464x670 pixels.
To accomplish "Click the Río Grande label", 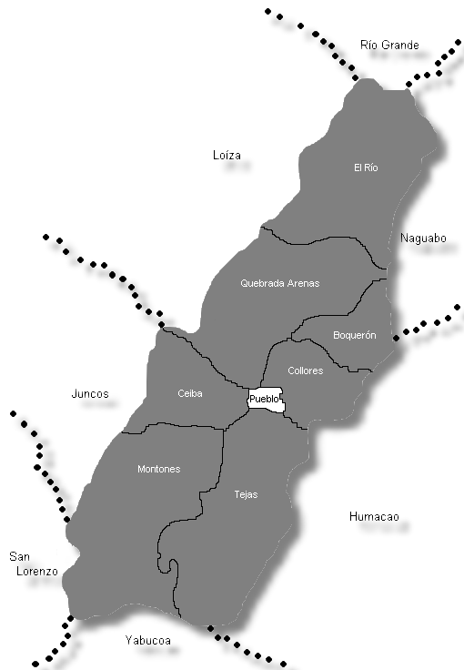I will tap(389, 45).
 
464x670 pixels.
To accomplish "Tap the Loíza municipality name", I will tap(227, 156).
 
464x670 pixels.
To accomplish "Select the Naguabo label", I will tap(423, 239).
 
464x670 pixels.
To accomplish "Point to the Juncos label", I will tap(90, 394).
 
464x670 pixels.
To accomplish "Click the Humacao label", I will tap(374, 517).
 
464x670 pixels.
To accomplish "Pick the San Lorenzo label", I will tap(34, 563).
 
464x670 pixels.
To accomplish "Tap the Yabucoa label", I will tap(147, 640).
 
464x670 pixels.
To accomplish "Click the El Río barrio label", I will tap(365, 167).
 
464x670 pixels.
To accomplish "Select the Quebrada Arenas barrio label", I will tap(279, 283).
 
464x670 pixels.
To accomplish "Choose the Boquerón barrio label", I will tap(354, 335).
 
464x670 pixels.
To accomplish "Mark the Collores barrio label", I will tap(305, 371).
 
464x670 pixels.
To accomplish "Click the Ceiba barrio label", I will tap(190, 393).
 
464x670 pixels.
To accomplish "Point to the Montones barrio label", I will tap(158, 469).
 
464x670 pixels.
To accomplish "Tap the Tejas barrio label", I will tap(246, 494).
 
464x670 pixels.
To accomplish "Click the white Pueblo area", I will tap(266, 399).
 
